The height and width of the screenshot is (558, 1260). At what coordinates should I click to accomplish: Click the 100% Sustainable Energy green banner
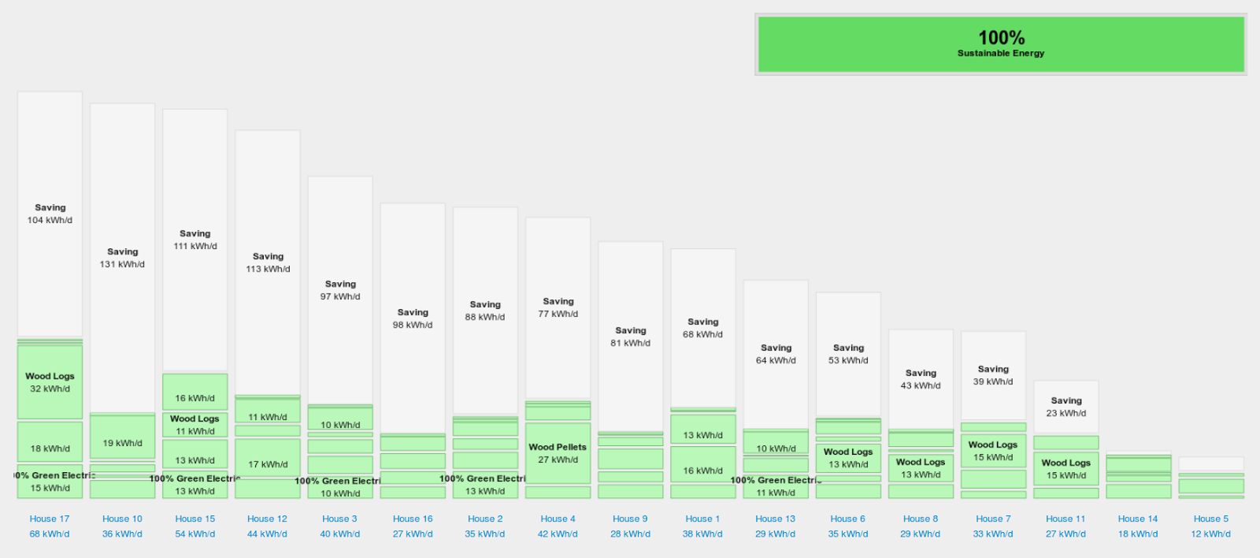point(1000,44)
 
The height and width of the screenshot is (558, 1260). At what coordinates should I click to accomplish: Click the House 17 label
point(50,519)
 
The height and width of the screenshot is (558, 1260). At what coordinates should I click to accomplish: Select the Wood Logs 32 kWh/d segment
point(50,382)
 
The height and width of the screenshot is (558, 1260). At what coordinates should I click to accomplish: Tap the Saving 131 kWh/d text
point(122,258)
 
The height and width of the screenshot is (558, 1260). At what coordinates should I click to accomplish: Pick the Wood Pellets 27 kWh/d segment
point(558,453)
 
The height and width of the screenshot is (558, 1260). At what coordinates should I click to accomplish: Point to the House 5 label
point(1210,519)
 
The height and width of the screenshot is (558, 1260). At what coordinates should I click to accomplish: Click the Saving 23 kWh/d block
point(1066,407)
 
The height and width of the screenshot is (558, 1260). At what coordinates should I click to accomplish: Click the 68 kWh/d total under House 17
point(50,534)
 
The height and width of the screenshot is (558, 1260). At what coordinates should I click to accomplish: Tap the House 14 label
point(1138,519)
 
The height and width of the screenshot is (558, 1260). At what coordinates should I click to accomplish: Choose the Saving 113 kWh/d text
point(268,262)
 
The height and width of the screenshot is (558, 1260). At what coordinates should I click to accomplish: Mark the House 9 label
point(630,519)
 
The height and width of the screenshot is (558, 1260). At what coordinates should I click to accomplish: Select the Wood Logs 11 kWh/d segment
point(195,425)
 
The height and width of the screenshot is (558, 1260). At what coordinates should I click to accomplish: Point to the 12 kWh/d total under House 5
point(1210,534)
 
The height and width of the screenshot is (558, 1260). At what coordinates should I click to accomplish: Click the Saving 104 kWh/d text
point(50,214)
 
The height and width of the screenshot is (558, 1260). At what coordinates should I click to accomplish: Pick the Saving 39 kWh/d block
point(993,375)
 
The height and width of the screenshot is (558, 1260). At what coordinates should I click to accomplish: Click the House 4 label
point(558,519)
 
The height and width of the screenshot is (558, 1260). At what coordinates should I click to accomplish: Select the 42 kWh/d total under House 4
point(558,534)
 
